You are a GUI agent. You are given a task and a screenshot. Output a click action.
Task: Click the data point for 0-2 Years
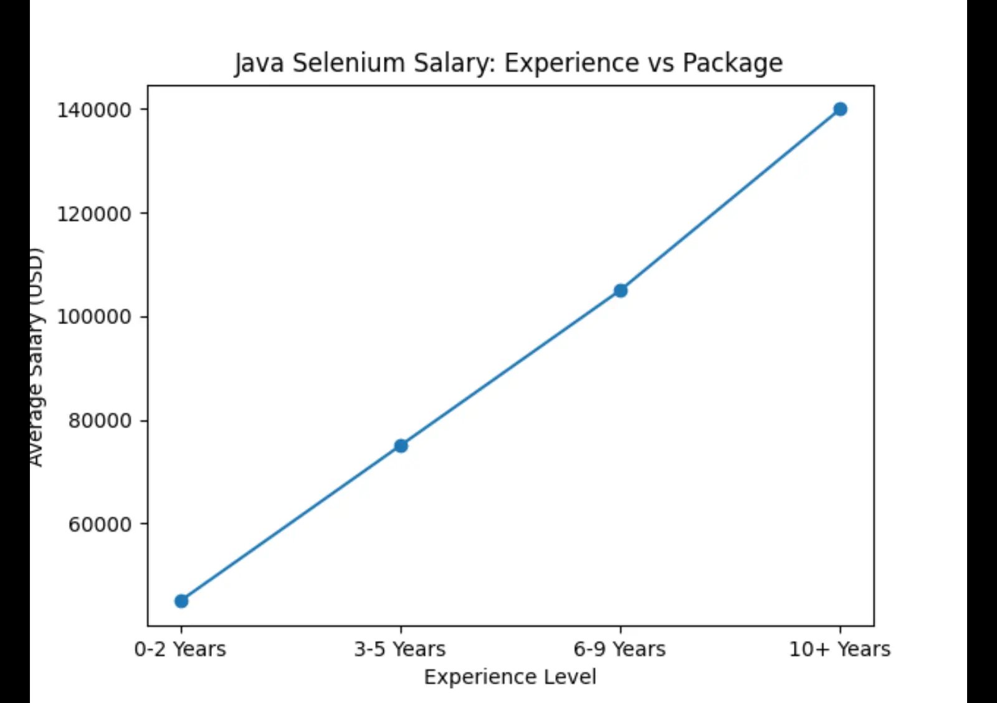coord(181,601)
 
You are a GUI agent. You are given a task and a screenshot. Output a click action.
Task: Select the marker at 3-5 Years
coord(401,446)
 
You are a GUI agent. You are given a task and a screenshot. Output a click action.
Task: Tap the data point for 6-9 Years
coord(621,290)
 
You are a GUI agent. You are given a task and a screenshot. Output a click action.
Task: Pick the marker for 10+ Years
coord(840,109)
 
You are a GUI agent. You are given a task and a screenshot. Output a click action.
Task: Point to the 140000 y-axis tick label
coord(94,110)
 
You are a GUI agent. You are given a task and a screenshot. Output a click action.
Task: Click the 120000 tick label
coord(94,214)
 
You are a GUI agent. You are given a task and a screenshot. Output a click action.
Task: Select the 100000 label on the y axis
coord(94,317)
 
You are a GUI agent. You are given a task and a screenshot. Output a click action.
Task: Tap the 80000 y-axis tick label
coord(100,421)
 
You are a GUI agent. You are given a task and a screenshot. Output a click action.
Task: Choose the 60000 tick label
coord(100,524)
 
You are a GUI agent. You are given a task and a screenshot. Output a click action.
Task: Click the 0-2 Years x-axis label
coord(180,649)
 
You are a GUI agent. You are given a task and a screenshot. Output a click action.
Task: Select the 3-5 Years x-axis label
coord(400,649)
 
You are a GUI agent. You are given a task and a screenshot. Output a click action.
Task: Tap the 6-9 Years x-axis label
coord(619,649)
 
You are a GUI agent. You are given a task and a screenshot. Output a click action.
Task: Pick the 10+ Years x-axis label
coord(839,649)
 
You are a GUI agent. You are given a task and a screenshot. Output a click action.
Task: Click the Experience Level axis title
coord(510,677)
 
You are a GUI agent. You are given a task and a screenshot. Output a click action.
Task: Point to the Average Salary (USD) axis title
coord(36,356)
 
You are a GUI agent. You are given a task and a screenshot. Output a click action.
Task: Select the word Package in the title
coord(732,63)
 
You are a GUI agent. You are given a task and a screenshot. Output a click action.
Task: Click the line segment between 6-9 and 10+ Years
coord(730,200)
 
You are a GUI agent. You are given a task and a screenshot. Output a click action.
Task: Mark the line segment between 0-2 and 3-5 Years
coord(291,524)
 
